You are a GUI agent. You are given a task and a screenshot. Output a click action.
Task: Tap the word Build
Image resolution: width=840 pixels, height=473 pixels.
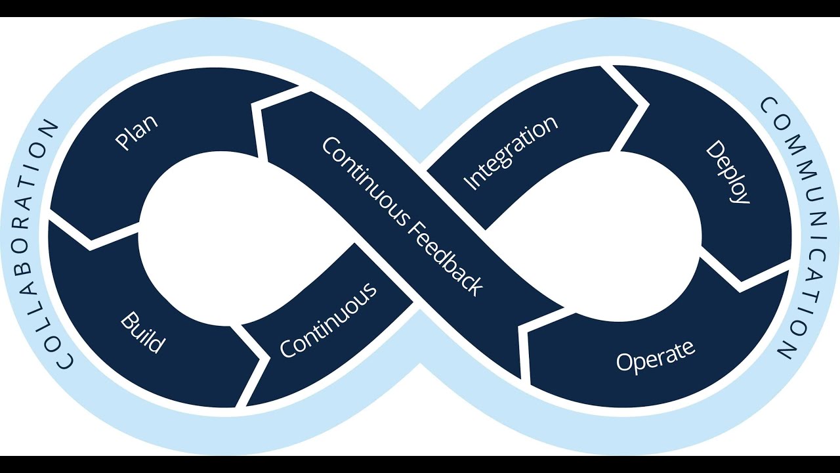pyautogui.click(x=142, y=333)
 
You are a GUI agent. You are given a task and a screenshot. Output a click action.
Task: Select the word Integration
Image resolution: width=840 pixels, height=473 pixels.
pyautogui.click(x=511, y=153)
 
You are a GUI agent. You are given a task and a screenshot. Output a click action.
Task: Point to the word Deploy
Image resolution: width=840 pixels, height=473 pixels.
pyautogui.click(x=727, y=172)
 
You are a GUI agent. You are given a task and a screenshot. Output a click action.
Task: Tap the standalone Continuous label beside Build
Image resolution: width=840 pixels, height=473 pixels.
pyautogui.click(x=328, y=320)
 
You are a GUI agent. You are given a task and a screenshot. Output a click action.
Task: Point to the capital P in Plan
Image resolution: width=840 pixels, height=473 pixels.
pyautogui.click(x=123, y=141)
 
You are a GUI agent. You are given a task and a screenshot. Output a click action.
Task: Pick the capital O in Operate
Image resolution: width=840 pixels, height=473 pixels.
pyautogui.click(x=624, y=363)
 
